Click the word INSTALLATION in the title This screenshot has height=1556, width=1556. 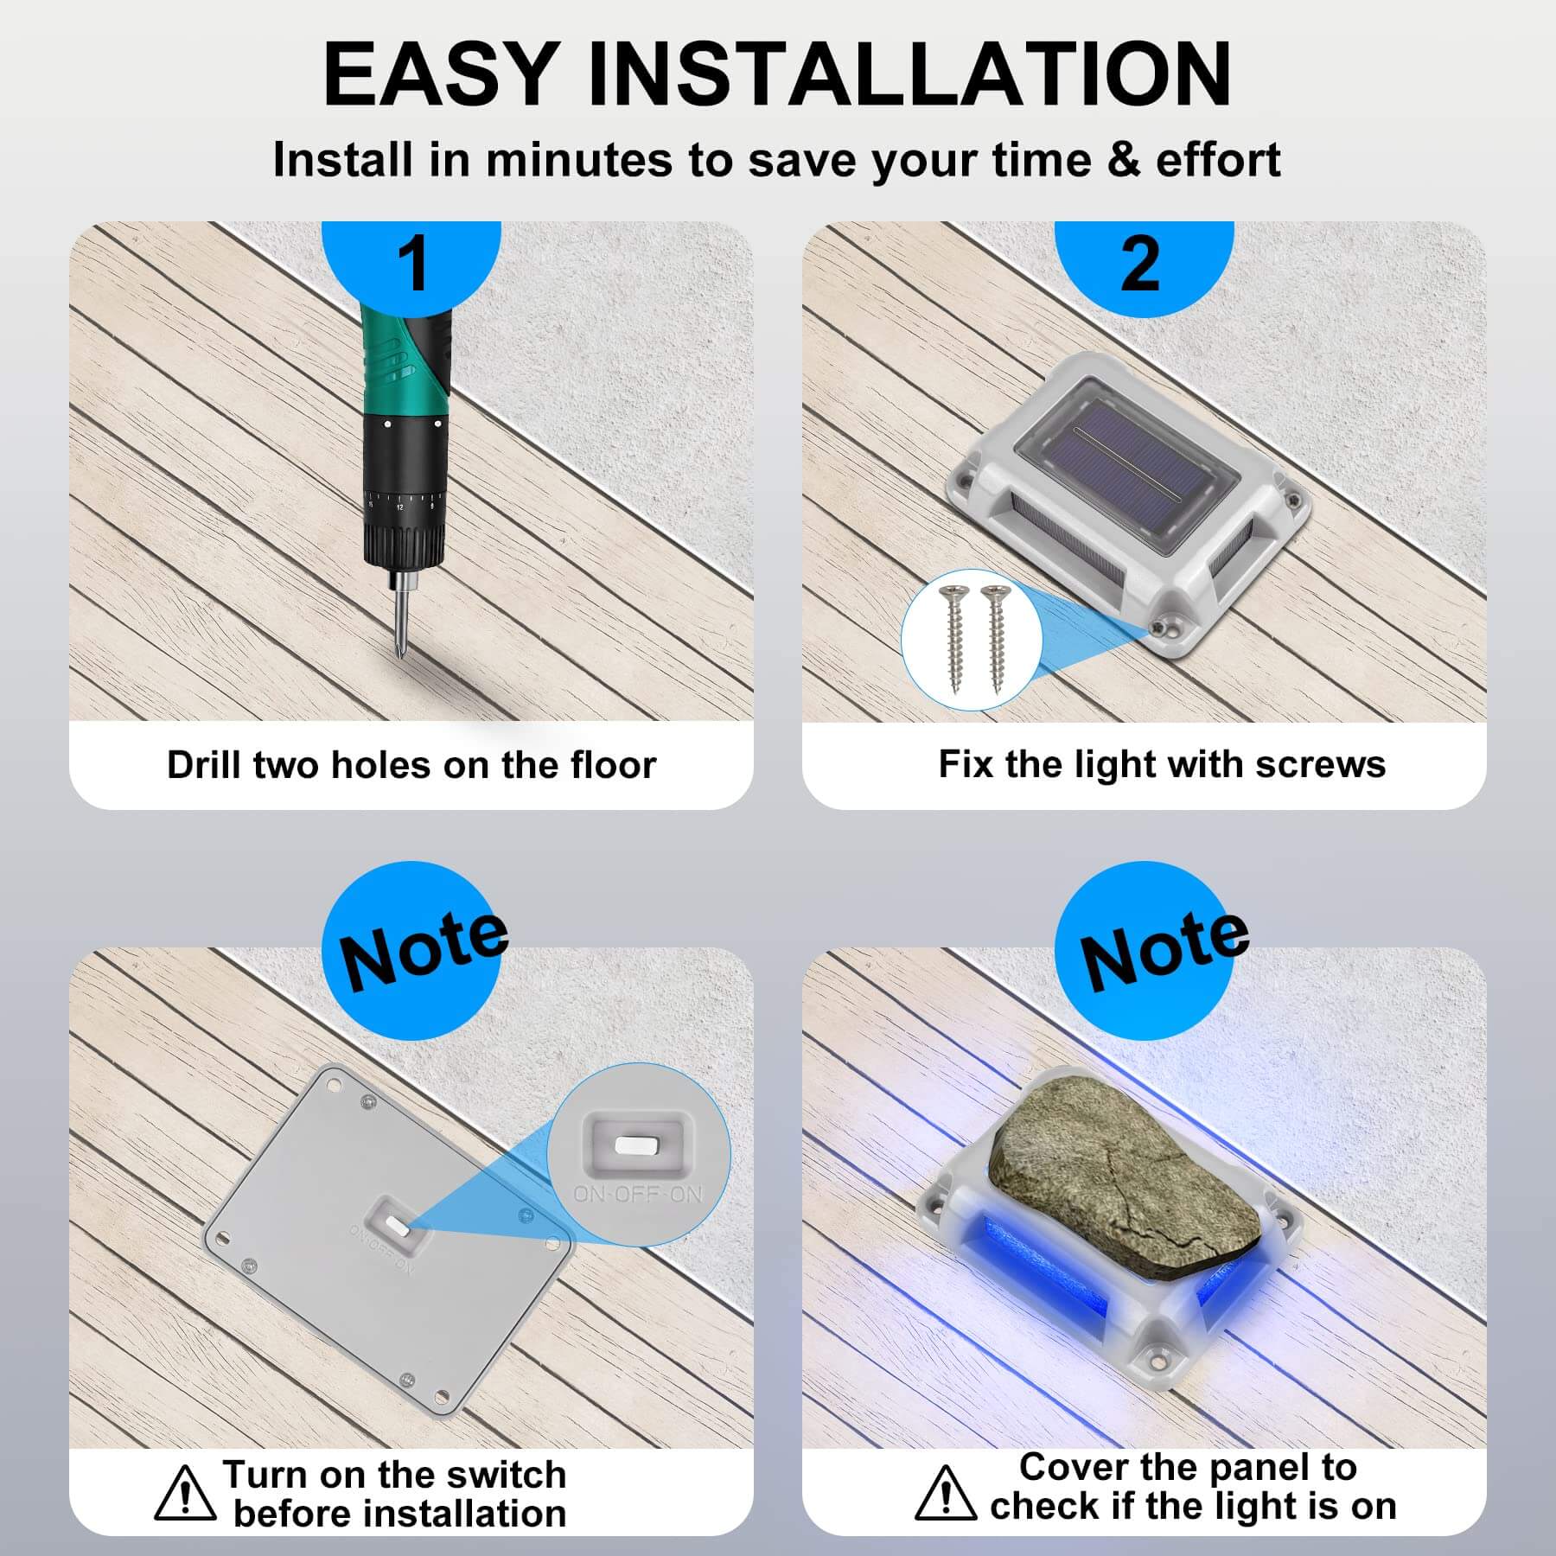(909, 74)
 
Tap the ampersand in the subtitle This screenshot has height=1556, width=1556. (1123, 161)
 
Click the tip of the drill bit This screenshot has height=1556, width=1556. (399, 662)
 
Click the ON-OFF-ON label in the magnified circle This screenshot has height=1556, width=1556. (639, 1194)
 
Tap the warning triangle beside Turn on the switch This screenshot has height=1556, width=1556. (185, 1492)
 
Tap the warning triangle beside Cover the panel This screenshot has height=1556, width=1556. (946, 1492)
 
